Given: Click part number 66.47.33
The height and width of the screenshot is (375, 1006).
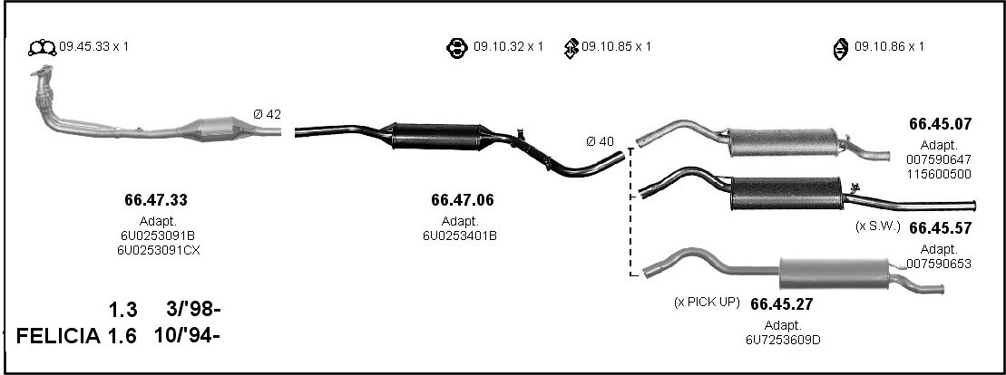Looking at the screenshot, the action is pyautogui.click(x=156, y=200).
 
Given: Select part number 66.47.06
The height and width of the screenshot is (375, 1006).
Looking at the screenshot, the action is pyautogui.click(x=463, y=200).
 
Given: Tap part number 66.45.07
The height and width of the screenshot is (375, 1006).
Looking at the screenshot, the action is pyautogui.click(x=940, y=124).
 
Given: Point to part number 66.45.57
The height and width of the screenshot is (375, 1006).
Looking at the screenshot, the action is pyautogui.click(x=940, y=228).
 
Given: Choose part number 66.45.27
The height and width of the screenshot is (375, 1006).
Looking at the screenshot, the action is pyautogui.click(x=781, y=303).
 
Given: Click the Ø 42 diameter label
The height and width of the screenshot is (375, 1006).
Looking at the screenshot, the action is pyautogui.click(x=267, y=115).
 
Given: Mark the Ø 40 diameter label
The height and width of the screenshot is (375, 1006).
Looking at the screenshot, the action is pyautogui.click(x=600, y=141).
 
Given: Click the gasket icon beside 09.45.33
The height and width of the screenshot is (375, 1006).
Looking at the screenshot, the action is pyautogui.click(x=43, y=47).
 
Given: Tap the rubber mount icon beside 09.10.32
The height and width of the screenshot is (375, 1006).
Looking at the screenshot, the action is pyautogui.click(x=457, y=48).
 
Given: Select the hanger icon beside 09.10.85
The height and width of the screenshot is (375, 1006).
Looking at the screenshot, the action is pyautogui.click(x=571, y=48).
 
